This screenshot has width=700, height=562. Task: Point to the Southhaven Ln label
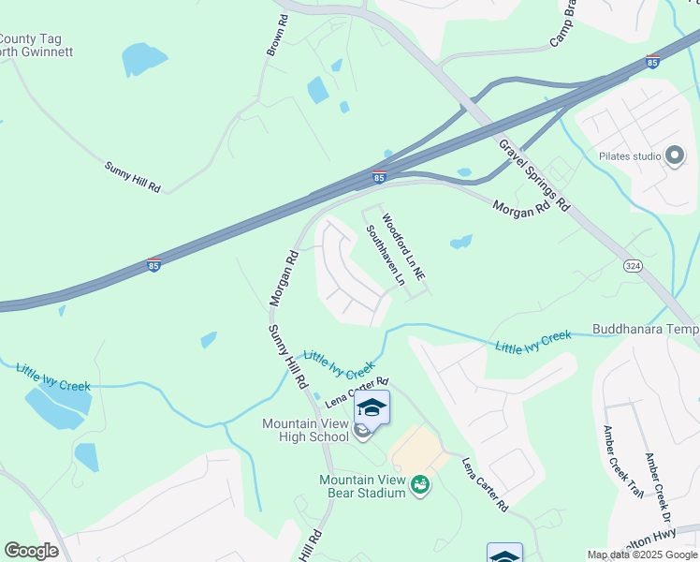[x=386, y=254]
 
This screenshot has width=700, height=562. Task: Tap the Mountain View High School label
[x=305, y=430]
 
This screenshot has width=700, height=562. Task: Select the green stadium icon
[x=421, y=484]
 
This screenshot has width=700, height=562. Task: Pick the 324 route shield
[x=632, y=267]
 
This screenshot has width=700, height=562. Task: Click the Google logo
[x=32, y=551]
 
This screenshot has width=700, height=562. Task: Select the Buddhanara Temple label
[x=646, y=330]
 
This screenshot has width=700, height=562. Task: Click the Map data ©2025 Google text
[x=642, y=555]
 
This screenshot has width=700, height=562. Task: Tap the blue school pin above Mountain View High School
[x=372, y=408]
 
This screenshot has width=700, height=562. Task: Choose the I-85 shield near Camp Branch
[x=652, y=62]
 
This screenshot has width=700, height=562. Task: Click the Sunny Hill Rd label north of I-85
[x=132, y=177]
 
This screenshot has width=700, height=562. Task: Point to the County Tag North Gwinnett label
[x=36, y=46]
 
